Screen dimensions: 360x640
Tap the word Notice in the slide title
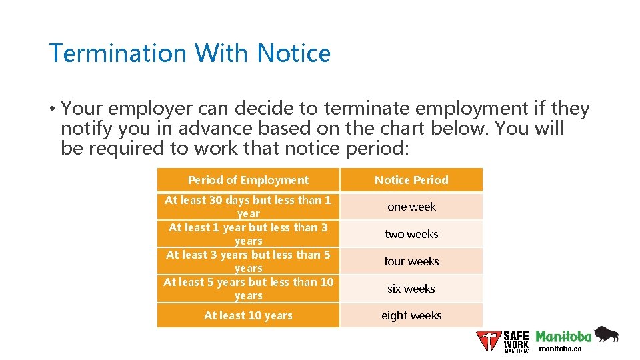point(294,53)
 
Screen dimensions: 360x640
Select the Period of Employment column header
point(248,180)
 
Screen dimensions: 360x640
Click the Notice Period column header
point(411,180)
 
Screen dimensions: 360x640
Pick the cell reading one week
point(411,207)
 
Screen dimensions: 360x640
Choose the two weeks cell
point(411,234)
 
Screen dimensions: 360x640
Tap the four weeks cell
point(411,261)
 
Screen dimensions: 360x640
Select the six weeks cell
point(411,289)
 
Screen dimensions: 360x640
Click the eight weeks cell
point(411,315)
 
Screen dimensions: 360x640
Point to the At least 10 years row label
point(248,315)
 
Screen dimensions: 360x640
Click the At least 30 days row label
point(248,207)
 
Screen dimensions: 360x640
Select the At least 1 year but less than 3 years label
point(248,234)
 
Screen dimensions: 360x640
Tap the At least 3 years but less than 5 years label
point(248,261)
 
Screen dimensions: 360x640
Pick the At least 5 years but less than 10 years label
point(248,289)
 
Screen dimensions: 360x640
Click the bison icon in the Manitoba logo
point(606,334)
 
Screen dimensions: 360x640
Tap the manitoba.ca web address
point(560,349)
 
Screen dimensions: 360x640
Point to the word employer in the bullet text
point(151,108)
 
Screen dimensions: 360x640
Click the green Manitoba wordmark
point(563,336)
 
